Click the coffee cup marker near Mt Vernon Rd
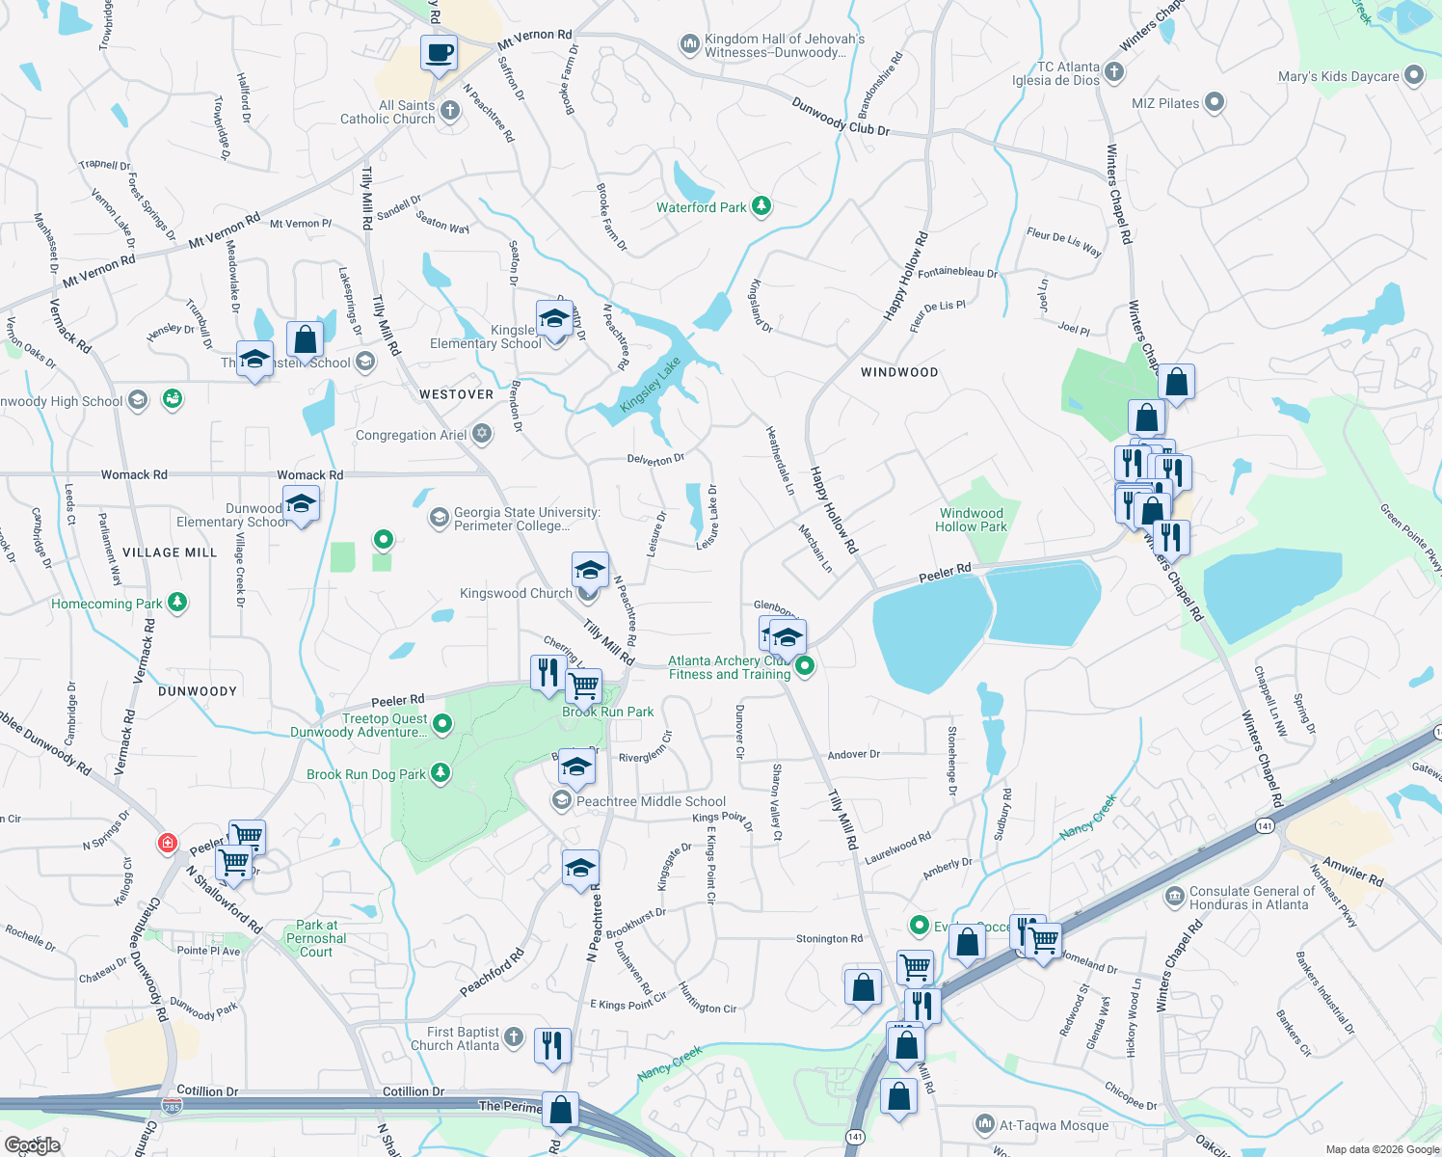click(440, 53)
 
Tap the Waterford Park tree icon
click(761, 206)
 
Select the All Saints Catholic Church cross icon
click(450, 112)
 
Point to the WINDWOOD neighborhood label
click(899, 372)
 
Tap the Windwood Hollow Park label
click(971, 520)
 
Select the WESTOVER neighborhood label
click(456, 394)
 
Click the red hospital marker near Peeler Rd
click(167, 844)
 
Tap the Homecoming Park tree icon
click(177, 604)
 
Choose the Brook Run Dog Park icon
click(441, 773)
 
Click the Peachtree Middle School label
click(651, 801)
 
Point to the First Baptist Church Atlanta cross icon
click(514, 1038)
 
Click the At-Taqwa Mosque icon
click(984, 1124)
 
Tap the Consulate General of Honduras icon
click(1174, 898)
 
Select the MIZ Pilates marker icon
click(1215, 102)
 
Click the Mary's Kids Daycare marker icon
click(1414, 75)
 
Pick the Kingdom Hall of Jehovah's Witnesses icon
click(689, 44)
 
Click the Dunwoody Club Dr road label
click(841, 116)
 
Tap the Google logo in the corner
click(32, 1144)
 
